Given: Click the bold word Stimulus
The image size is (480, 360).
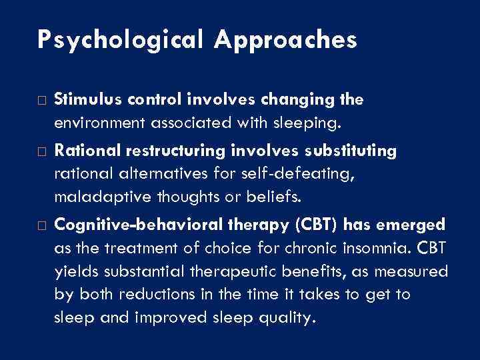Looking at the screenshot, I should tap(79, 100).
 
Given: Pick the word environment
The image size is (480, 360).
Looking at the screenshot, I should tap(95, 122).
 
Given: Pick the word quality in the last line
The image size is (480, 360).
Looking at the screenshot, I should tap(277, 318).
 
